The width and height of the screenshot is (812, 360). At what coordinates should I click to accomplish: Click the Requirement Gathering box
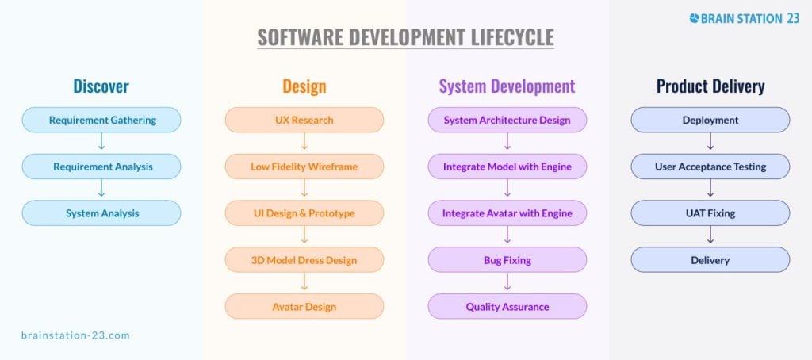[101, 121]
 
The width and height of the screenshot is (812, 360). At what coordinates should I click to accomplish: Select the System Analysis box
[101, 213]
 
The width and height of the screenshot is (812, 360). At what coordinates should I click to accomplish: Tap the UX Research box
[304, 121]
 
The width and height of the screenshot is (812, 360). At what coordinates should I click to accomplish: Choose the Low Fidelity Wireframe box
[304, 167]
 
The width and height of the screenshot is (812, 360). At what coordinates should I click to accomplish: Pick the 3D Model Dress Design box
[304, 260]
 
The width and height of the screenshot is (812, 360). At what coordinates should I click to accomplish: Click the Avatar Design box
[304, 307]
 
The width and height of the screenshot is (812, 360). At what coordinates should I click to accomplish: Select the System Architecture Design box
[507, 121]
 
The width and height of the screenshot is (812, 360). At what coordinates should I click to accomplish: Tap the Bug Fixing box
[507, 260]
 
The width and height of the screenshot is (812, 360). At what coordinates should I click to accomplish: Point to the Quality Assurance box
[507, 307]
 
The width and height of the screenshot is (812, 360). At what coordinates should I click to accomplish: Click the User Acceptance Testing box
[710, 167]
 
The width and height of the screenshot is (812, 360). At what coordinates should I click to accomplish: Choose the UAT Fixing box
[710, 213]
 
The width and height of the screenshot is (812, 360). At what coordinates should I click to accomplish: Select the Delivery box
[710, 260]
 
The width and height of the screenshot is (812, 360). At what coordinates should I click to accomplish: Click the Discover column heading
[101, 86]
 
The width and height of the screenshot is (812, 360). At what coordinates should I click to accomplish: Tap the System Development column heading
[507, 86]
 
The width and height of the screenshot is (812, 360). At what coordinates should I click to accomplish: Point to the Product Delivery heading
[710, 86]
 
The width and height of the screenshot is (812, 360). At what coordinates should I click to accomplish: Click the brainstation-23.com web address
[75, 335]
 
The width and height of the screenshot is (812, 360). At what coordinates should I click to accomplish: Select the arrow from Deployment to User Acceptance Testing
[710, 141]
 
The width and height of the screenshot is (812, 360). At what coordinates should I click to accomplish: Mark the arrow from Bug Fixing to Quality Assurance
[507, 281]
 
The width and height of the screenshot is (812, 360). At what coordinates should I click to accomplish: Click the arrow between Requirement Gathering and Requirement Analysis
[101, 141]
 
